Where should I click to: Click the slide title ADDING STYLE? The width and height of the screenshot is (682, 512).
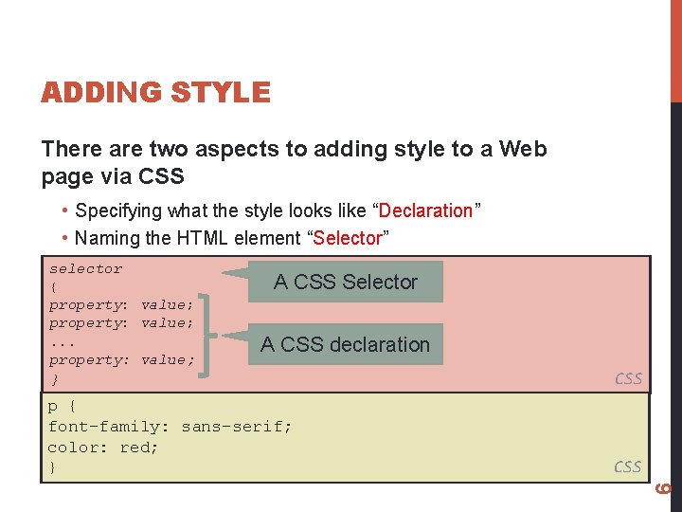pos(155,93)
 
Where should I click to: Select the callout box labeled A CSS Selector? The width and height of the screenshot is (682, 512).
pos(345,282)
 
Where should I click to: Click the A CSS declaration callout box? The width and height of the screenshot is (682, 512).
pos(345,344)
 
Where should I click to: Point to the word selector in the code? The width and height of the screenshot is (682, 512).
pos(86,268)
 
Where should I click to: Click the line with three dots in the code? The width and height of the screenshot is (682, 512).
pos(63,341)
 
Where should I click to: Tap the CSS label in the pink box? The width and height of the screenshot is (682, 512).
pos(628,378)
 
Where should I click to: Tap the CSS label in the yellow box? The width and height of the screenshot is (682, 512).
pos(628,466)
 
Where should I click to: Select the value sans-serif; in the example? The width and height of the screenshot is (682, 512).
pos(237,427)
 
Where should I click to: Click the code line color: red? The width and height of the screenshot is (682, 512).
pos(103,447)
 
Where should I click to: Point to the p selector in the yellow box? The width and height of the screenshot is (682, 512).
pos(53,407)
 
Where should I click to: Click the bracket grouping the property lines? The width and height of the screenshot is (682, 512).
pos(208,333)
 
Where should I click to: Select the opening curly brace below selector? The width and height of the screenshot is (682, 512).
pos(54,286)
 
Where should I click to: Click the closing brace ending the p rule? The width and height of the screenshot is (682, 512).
pos(53,467)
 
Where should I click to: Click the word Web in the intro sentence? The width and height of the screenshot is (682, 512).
pos(523,149)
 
